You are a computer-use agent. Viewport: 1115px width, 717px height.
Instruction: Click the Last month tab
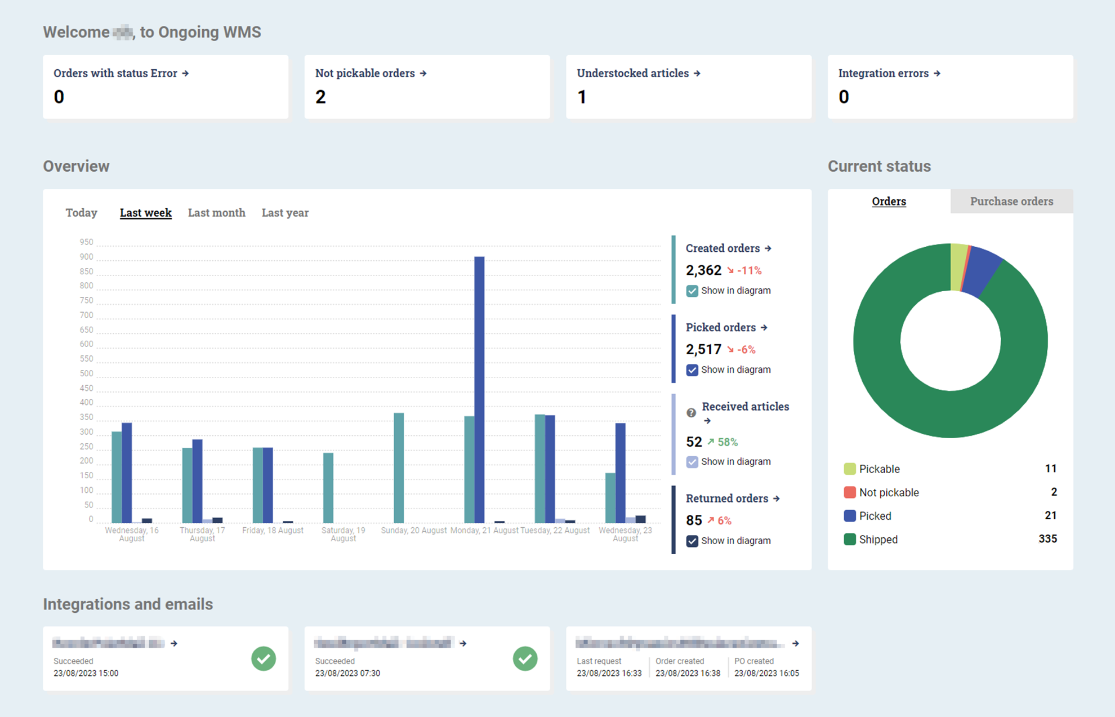(216, 213)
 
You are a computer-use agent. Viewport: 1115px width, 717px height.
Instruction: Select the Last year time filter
(285, 213)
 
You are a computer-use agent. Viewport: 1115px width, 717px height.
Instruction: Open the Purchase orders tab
(1011, 202)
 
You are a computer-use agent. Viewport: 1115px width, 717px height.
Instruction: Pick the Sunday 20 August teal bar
(399, 467)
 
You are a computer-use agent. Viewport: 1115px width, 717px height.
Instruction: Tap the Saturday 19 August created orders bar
(328, 488)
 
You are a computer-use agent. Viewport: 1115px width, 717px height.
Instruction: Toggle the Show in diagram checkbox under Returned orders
(692, 541)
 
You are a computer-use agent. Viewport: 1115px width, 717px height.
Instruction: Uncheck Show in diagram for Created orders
(692, 291)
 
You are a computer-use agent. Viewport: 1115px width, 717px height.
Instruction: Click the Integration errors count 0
(844, 97)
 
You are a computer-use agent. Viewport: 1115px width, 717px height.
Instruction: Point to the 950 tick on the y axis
(86, 242)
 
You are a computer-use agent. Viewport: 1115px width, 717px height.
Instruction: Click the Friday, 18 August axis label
(273, 531)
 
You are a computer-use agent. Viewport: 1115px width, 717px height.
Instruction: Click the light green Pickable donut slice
(958, 267)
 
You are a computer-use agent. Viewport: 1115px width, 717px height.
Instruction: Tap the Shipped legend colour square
(850, 540)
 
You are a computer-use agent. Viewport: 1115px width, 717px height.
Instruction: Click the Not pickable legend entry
(889, 493)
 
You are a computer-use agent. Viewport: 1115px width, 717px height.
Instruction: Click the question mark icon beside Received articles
(692, 413)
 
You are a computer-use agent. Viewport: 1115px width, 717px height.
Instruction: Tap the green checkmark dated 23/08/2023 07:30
(525, 658)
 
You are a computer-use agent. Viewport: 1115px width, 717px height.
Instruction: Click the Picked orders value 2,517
(703, 350)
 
